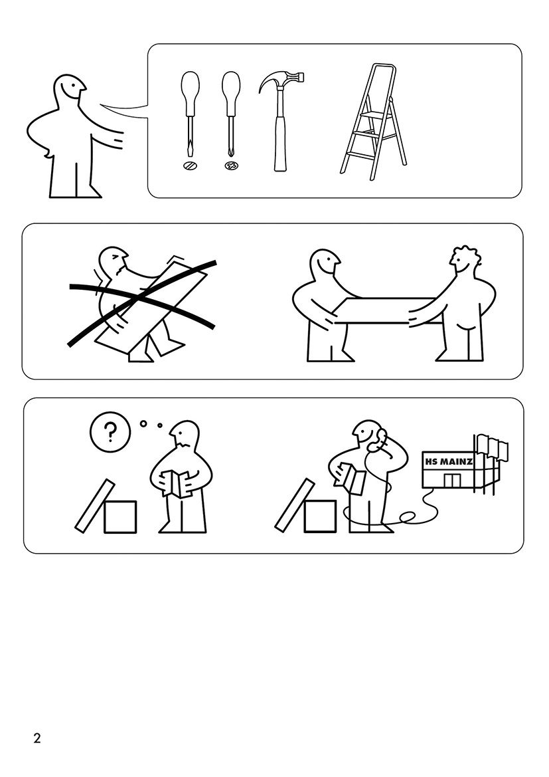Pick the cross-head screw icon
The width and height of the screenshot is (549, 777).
pos(231,166)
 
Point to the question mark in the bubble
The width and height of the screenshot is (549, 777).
pos(110,432)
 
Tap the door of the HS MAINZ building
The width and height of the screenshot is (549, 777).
pos(451,480)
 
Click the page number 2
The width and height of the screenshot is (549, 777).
pos(37,738)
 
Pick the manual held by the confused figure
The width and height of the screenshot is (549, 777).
pos(177,483)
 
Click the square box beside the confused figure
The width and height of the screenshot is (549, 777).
pos(120,517)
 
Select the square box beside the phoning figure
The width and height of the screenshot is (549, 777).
pos(320,516)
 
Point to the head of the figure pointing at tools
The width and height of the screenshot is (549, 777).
pos(69,91)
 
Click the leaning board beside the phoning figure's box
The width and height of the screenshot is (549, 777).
pos(295,505)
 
